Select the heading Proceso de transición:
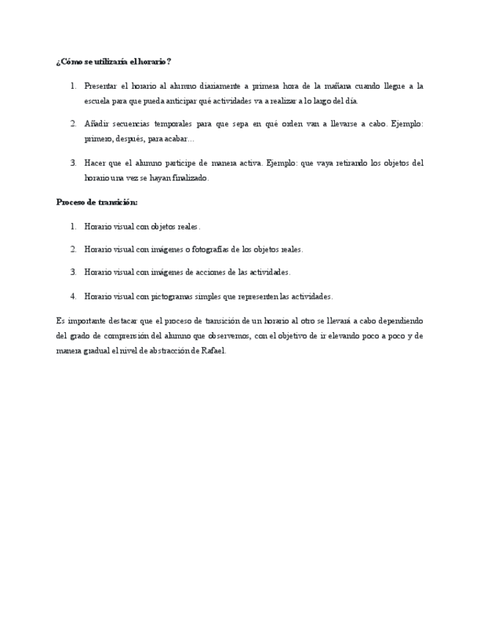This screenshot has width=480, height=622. coord(97,202)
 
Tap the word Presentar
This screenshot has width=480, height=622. coord(100,86)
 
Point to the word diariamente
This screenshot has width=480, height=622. coord(221,86)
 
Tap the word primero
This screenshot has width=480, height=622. coord(97,139)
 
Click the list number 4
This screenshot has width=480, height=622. coord(73,296)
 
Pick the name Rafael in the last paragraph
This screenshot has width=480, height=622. coord(213,351)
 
